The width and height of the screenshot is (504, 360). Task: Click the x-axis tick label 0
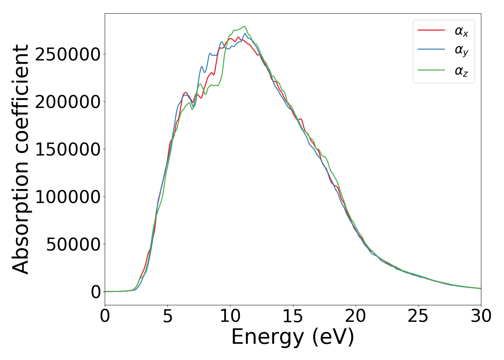(x=105, y=316)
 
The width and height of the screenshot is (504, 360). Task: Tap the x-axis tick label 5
(x=167, y=316)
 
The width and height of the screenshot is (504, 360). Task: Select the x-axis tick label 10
(x=230, y=316)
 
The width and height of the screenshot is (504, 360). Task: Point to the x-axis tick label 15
(x=293, y=316)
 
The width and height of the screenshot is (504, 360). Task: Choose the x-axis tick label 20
(x=355, y=316)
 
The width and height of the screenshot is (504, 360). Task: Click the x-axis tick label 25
(x=418, y=316)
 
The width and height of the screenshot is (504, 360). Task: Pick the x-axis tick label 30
(x=481, y=316)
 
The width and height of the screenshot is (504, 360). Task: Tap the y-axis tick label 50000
(x=73, y=244)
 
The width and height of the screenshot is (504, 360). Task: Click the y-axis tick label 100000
(x=68, y=197)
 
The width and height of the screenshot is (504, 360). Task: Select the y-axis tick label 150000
(x=68, y=149)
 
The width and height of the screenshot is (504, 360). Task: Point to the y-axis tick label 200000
(x=68, y=102)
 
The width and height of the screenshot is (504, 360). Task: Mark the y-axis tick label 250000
(x=68, y=54)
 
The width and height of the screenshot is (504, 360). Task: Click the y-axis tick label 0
(x=96, y=292)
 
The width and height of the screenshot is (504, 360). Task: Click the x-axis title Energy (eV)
(x=293, y=337)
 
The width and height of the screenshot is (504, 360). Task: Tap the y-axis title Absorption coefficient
(x=21, y=159)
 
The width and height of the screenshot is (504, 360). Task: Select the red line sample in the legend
(x=431, y=30)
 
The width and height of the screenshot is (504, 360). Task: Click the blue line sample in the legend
(x=431, y=50)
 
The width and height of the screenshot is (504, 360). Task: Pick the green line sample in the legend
(x=431, y=70)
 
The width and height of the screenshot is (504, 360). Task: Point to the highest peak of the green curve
(x=244, y=26)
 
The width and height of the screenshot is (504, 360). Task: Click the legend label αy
(x=462, y=50)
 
